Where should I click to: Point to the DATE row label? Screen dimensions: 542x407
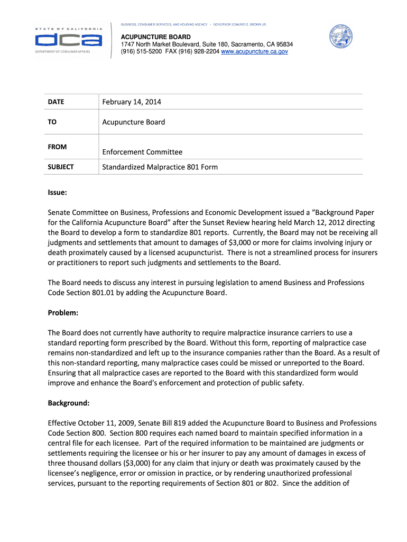click(55, 102)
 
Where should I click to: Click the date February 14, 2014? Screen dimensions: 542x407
click(132, 102)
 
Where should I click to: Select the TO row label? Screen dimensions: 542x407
click(52, 122)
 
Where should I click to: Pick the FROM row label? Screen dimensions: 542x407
click(57, 147)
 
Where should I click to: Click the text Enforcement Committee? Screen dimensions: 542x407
click(142, 152)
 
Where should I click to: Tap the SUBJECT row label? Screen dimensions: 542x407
click(61, 167)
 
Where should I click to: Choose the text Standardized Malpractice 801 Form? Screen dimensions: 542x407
click(160, 167)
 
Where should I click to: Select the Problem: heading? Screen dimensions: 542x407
click(63, 313)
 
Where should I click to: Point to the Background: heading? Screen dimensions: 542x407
click(69, 403)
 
